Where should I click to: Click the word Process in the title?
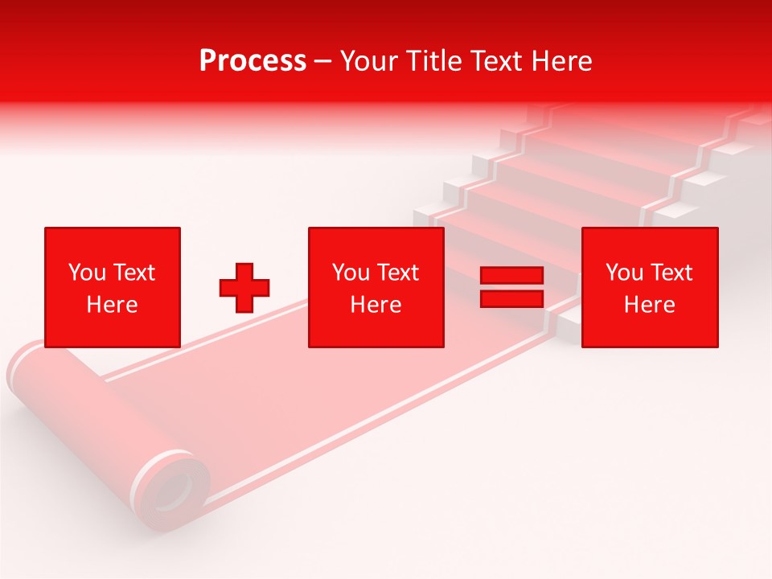pyautogui.click(x=253, y=61)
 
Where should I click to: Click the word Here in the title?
pyautogui.click(x=564, y=61)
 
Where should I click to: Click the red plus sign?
pyautogui.click(x=244, y=288)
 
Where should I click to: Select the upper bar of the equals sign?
pyautogui.click(x=511, y=276)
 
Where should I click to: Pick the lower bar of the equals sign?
pyautogui.click(x=511, y=298)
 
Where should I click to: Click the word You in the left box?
pyautogui.click(x=87, y=273)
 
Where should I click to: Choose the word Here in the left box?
pyautogui.click(x=112, y=305)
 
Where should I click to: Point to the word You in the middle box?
pyautogui.click(x=351, y=273)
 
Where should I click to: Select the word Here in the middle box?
pyautogui.click(x=376, y=305)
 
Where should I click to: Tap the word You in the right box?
pyautogui.click(x=624, y=273)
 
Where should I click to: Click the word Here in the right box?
pyautogui.click(x=649, y=305)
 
